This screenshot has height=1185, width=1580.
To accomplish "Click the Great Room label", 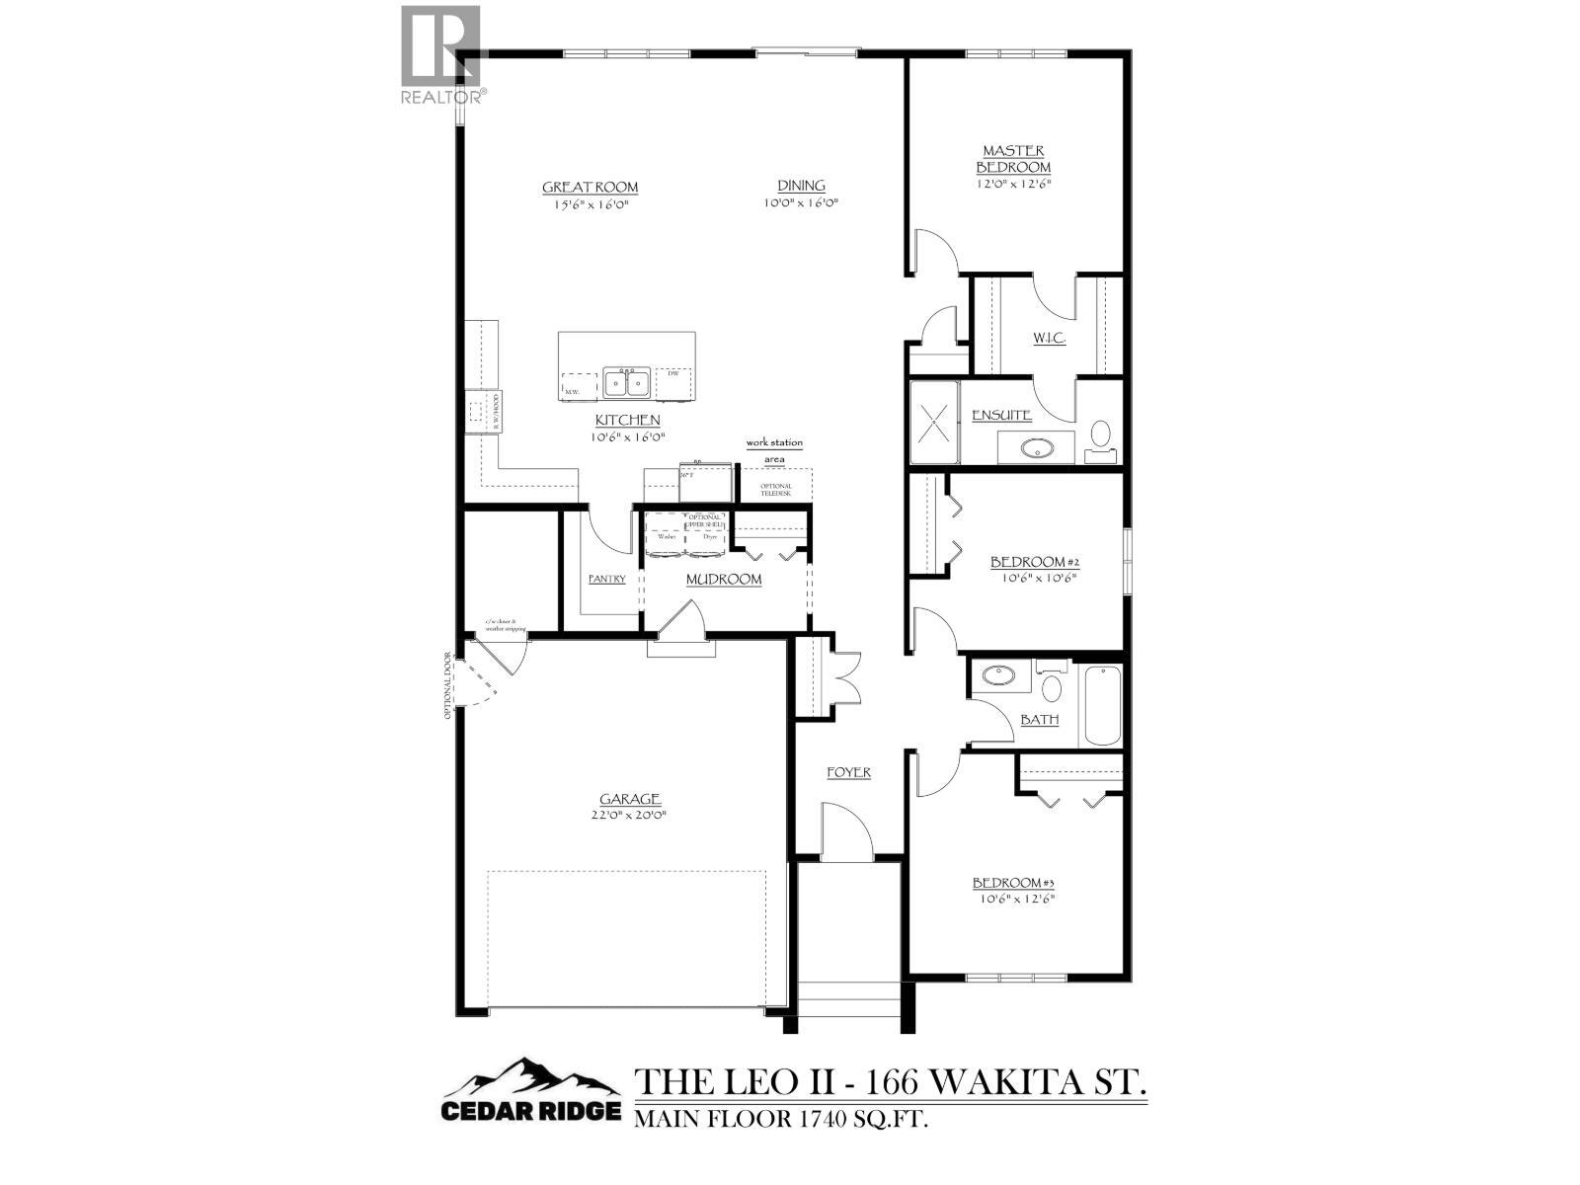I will point(590,187).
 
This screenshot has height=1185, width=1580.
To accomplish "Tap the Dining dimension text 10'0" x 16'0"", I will point(801,203).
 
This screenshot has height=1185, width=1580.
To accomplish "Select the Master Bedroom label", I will point(1013,159).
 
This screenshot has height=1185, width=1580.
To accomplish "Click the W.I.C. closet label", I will point(1049,339).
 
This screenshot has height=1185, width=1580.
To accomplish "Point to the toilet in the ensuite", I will point(1100,437).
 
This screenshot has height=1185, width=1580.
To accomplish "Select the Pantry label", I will point(606,579).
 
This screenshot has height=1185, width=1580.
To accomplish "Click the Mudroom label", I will point(724,579).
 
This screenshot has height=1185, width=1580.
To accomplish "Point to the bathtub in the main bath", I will point(1101,707).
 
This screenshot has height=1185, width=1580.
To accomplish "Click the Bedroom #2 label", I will point(1035,562).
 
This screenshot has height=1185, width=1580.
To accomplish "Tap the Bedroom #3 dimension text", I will point(1017,900).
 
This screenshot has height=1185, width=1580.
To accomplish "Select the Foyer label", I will point(848,771).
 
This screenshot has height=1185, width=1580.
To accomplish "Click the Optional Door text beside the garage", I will point(448,684).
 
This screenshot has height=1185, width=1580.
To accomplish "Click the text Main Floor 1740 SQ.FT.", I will point(782,1119).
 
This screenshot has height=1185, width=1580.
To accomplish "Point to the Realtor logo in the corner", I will point(441,54).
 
